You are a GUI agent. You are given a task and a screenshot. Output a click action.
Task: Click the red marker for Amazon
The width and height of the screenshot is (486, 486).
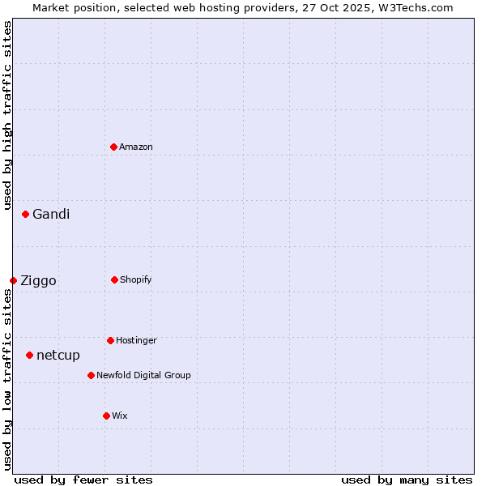(113, 147)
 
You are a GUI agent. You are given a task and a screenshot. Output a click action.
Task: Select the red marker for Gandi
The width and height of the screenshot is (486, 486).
(25, 214)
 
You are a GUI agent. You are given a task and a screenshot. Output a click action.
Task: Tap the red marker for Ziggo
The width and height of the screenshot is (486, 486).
(13, 280)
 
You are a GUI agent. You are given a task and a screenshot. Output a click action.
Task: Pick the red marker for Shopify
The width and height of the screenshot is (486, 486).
(114, 279)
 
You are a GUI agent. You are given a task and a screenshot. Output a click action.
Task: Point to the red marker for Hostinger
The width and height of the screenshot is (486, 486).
(110, 340)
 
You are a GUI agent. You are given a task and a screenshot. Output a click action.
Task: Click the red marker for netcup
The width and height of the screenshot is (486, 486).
(29, 355)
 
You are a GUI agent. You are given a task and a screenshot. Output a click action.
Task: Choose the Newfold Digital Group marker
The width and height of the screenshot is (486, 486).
(91, 375)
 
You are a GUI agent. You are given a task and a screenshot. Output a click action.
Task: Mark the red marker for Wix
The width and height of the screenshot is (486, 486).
(106, 416)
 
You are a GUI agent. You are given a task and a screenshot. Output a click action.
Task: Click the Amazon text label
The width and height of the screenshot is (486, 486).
(136, 147)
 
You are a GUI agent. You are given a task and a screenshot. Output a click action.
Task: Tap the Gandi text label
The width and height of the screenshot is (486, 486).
(51, 215)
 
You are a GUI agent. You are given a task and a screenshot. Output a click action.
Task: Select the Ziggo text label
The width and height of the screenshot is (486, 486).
(38, 281)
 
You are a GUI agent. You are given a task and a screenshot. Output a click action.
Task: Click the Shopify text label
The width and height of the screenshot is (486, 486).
(136, 280)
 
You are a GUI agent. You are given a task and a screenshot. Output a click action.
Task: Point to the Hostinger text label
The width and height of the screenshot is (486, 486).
(136, 341)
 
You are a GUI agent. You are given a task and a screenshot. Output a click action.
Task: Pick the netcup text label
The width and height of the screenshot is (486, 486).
(58, 356)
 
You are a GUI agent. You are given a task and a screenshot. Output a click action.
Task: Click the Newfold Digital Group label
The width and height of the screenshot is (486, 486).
(143, 376)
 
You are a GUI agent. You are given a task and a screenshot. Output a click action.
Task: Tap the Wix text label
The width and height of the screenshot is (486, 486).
(120, 416)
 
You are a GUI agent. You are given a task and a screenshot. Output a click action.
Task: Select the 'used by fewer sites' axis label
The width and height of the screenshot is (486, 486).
(83, 480)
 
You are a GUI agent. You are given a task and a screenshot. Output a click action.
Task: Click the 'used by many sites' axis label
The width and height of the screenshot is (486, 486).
(407, 480)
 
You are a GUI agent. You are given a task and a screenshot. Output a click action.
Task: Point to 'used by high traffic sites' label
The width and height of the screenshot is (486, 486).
(7, 115)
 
